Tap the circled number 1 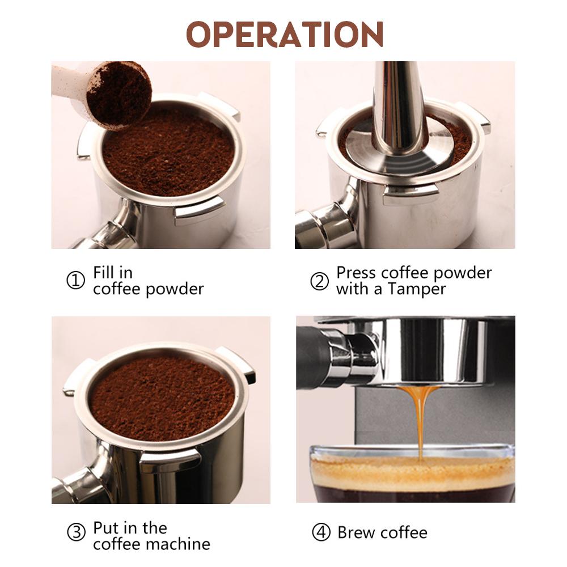pyautogui.click(x=75, y=281)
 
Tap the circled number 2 pyautogui.click(x=320, y=281)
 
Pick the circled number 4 pyautogui.click(x=321, y=533)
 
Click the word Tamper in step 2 pyautogui.click(x=417, y=289)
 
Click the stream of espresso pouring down pyautogui.click(x=420, y=420)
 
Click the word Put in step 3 pyautogui.click(x=105, y=528)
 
